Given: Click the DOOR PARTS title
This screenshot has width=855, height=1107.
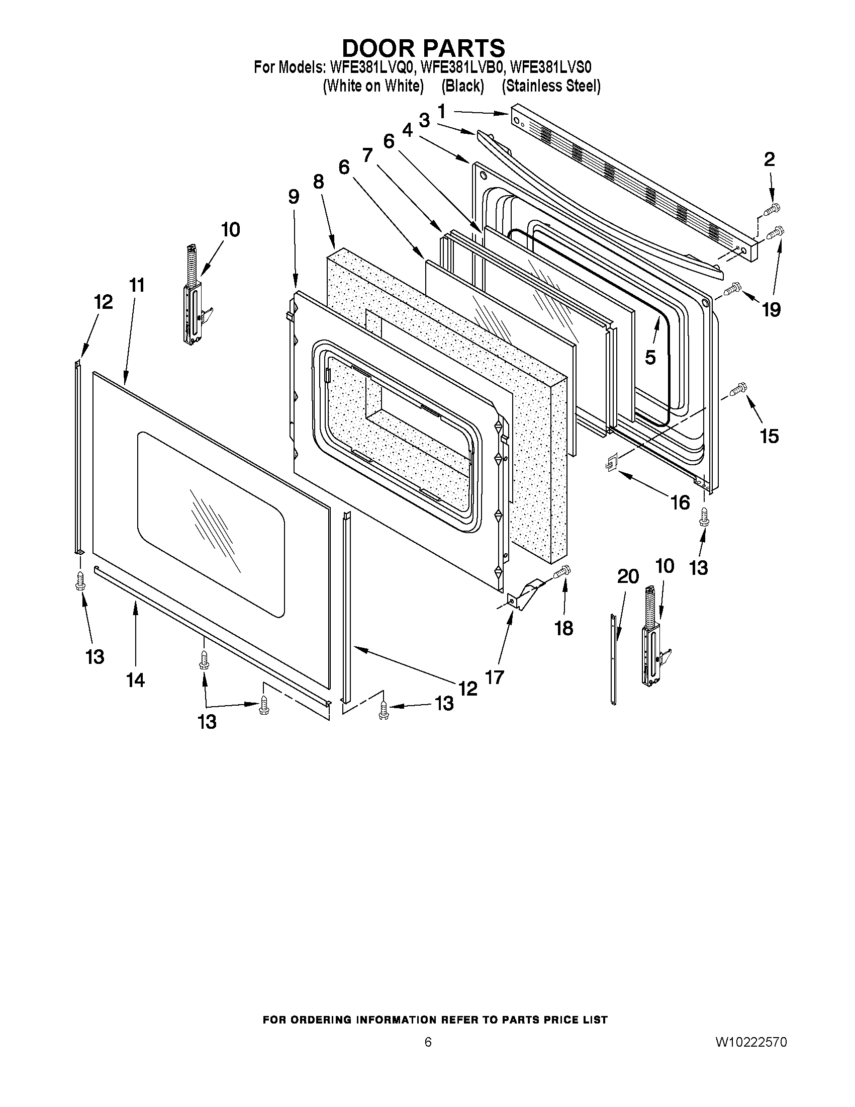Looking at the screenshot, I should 423,48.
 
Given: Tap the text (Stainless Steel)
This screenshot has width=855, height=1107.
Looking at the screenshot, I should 551,86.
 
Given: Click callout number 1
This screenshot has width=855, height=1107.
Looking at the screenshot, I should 442,111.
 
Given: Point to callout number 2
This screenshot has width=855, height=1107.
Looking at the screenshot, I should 769,159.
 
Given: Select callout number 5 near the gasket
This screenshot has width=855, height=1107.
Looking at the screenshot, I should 650,357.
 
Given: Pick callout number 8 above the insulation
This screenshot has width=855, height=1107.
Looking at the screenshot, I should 318,181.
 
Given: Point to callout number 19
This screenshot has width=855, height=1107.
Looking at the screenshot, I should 771,309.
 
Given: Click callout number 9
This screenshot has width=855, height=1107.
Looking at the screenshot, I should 294,197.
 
